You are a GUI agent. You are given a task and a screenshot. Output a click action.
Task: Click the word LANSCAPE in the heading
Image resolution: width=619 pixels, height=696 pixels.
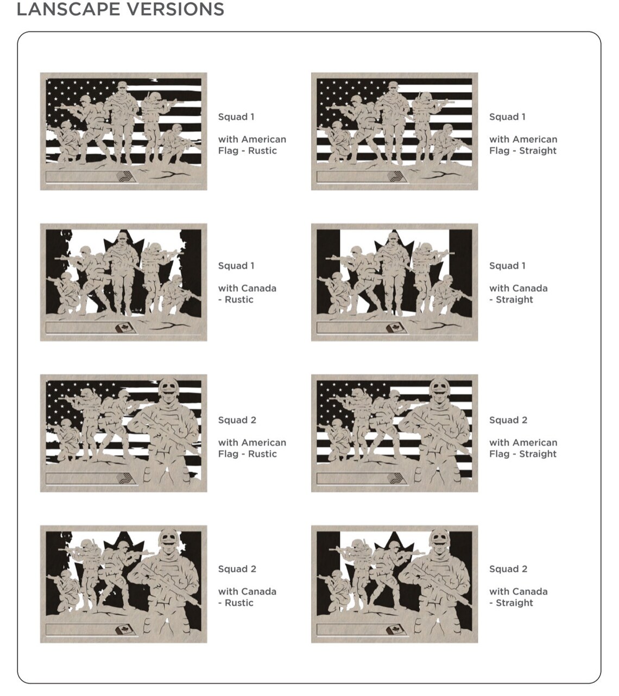pos(68,9)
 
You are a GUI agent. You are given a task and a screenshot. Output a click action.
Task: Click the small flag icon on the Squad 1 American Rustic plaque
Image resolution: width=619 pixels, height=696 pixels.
pos(124,176)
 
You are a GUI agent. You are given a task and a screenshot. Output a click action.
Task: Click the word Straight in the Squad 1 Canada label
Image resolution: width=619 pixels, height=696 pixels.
pos(515,300)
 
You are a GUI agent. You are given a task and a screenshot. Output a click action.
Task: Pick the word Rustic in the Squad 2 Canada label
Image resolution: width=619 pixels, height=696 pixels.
pos(239,603)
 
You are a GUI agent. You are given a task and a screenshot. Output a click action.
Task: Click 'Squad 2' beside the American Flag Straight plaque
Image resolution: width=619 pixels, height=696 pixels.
pos(508,420)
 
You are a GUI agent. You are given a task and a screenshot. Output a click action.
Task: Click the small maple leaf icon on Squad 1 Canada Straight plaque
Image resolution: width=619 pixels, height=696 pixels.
pos(396,327)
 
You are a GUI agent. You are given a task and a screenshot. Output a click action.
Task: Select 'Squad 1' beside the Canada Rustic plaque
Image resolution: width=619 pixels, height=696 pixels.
pos(236,265)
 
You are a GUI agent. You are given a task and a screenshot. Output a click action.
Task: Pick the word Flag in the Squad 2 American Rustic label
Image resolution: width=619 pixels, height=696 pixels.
pos(228,454)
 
